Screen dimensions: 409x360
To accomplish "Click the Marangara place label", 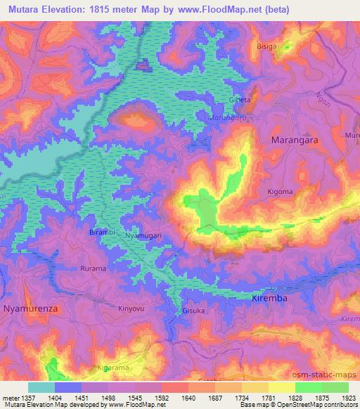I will tap(299, 140).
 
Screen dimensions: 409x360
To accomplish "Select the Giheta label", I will tap(240, 100).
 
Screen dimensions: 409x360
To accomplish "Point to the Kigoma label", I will tap(280, 190).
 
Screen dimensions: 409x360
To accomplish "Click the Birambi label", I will tap(101, 231).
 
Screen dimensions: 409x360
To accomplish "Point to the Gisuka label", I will tap(193, 310).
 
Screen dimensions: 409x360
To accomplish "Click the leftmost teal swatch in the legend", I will tap(41, 387).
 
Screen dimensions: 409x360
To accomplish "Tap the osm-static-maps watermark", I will tap(330, 372).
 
